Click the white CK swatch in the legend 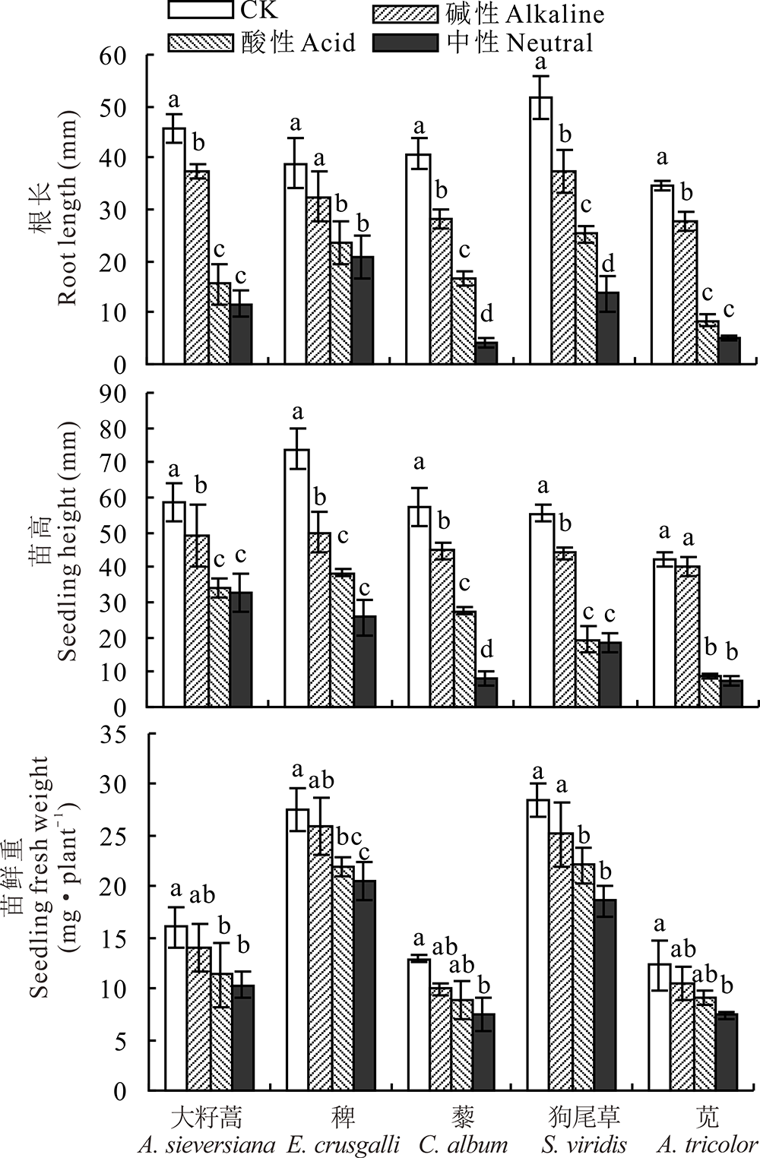click(x=200, y=10)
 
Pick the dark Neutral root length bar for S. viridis click(x=607, y=327)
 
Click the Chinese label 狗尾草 click(x=584, y=1116)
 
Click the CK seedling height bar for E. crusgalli click(x=296, y=577)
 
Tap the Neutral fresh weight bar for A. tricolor click(x=727, y=1052)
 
